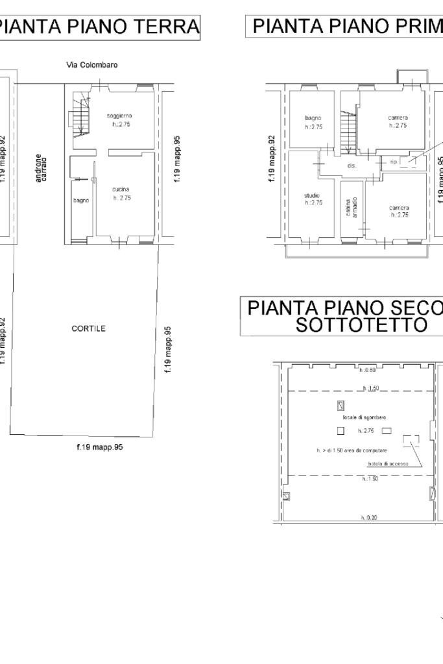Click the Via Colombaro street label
[91, 65]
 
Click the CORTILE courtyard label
[89, 328]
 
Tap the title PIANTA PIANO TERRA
[99, 28]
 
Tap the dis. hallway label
[352, 166]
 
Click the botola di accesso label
[385, 464]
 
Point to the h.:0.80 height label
[366, 370]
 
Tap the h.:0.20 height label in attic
[367, 517]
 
